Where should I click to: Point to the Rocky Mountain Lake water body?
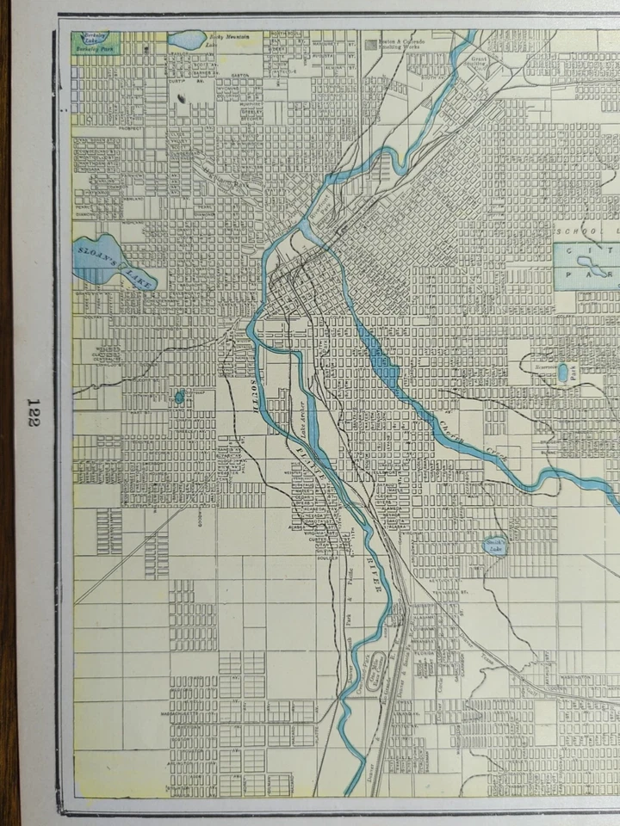pos(187,40)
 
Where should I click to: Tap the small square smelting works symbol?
pos(369,42)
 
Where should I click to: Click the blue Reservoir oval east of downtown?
pos(562,373)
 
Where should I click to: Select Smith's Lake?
pos(495,546)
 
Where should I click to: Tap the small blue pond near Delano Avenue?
pos(179,397)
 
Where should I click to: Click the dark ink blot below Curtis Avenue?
pos(183,100)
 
